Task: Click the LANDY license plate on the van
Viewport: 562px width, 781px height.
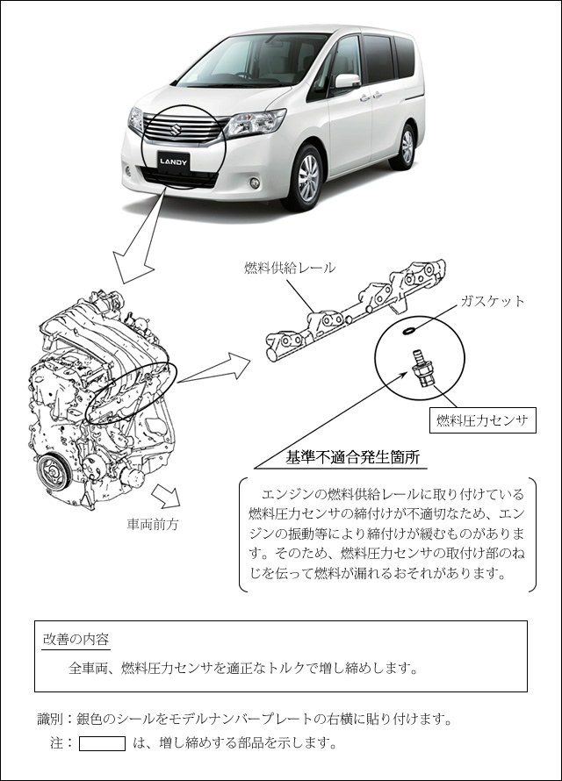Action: coord(173,161)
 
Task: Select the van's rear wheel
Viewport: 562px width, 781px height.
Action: coord(406,147)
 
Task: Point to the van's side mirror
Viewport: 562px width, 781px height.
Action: coord(347,82)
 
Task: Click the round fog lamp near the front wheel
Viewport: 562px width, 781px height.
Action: coord(254,183)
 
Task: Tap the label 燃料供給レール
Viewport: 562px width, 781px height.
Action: coord(290,268)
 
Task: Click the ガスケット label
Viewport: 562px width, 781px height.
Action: coord(493,301)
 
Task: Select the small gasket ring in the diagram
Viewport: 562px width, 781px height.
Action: coord(408,330)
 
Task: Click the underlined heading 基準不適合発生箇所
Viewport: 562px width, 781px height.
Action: coord(353,457)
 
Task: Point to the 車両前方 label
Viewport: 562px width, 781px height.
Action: coord(153,525)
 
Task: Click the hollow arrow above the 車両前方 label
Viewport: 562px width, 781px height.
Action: coord(166,496)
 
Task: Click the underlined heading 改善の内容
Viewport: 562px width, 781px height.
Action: coord(76,640)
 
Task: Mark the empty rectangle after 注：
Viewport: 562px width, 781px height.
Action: coord(102,743)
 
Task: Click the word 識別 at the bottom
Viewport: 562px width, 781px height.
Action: coord(50,720)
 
